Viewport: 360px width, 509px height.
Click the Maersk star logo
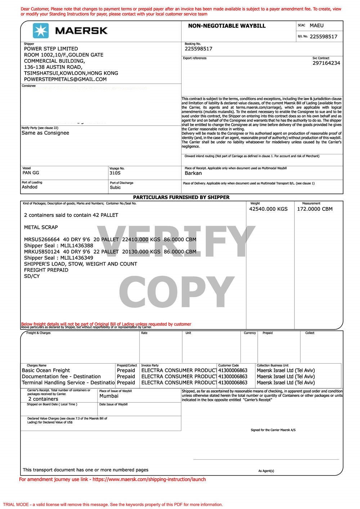point(41,31)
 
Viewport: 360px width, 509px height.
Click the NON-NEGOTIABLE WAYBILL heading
point(226,26)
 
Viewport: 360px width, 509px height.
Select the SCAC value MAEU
point(316,26)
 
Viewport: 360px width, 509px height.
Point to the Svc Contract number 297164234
point(326,63)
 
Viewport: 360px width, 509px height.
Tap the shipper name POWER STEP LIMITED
point(51,49)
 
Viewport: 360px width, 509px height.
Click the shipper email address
point(65,79)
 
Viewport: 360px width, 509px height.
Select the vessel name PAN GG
point(31,173)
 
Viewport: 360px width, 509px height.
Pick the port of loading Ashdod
point(30,187)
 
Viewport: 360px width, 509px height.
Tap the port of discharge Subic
point(115,187)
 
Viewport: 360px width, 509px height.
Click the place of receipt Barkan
point(193,173)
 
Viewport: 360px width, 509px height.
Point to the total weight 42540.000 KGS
point(268,209)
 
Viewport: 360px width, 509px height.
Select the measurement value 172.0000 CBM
point(315,209)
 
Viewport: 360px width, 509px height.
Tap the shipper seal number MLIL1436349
point(77,258)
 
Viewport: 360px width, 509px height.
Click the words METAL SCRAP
point(41,227)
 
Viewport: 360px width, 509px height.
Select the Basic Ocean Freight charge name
point(46,370)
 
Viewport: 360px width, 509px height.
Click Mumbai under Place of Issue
point(109,396)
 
